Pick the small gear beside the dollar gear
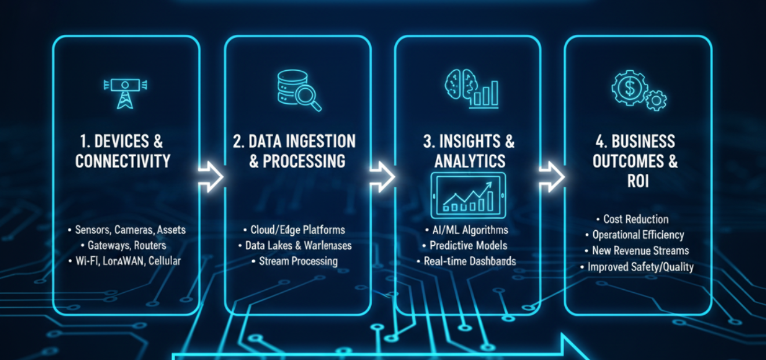(x=656, y=100)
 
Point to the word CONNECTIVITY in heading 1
(x=123, y=161)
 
